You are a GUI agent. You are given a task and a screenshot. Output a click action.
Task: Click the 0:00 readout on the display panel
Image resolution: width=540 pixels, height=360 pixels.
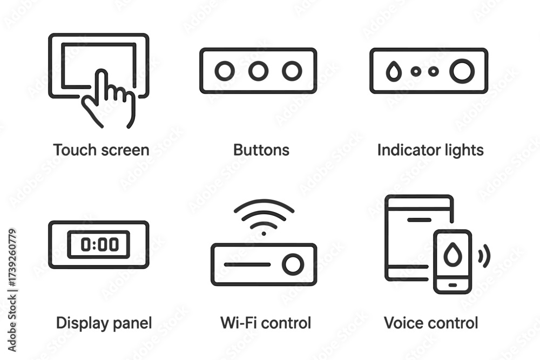(x=100, y=244)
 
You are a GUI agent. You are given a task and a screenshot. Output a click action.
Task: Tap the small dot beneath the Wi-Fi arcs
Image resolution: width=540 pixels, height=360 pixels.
(x=264, y=234)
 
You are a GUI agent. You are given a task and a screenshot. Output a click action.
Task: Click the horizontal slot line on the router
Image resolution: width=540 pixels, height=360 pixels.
(x=247, y=264)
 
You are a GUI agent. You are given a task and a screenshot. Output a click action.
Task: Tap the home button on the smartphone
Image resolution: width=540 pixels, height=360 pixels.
(x=453, y=286)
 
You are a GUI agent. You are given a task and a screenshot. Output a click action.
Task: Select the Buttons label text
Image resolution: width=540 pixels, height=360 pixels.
(x=261, y=150)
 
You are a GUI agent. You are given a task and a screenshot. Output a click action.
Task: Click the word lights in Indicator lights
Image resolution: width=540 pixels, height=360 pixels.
(x=463, y=151)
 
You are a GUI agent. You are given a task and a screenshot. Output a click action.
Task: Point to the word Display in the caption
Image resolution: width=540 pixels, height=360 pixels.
(x=78, y=323)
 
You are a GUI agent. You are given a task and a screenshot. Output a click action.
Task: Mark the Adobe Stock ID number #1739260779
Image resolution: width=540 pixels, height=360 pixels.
(x=12, y=257)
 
